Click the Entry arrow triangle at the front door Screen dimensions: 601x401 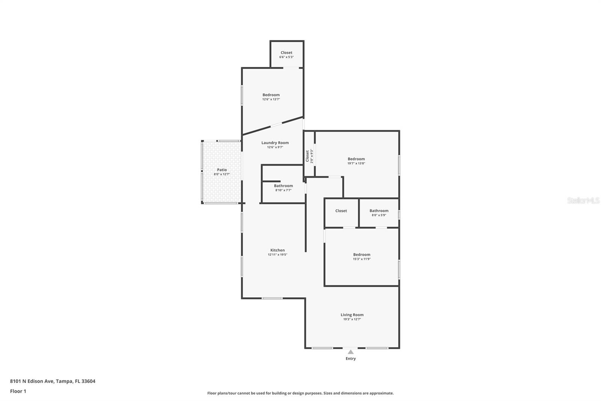(x=351, y=352)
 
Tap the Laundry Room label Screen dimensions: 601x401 (x=275, y=143)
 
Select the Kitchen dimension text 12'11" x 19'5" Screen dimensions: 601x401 (x=278, y=255)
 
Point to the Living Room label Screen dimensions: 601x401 (x=352, y=315)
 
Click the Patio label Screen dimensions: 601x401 (x=222, y=170)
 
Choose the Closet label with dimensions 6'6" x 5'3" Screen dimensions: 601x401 (x=287, y=53)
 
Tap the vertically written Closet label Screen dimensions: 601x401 (x=307, y=156)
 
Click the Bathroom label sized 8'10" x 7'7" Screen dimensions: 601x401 (x=283, y=186)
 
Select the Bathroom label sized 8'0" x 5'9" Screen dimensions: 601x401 (x=379, y=211)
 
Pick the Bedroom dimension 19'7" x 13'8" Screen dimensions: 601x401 (x=356, y=163)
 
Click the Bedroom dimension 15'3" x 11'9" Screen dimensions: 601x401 (x=362, y=259)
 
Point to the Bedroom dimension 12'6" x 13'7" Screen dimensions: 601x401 (x=271, y=99)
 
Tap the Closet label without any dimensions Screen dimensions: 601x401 (x=341, y=211)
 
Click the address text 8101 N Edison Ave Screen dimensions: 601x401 (x=32, y=381)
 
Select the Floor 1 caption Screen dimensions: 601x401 (x=18, y=391)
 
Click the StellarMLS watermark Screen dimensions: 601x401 (x=583, y=200)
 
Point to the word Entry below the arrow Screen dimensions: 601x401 (x=351, y=358)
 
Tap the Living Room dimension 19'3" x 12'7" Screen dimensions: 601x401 (x=352, y=319)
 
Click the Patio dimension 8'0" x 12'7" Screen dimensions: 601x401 (x=222, y=174)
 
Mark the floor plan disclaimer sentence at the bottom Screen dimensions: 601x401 (x=300, y=393)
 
